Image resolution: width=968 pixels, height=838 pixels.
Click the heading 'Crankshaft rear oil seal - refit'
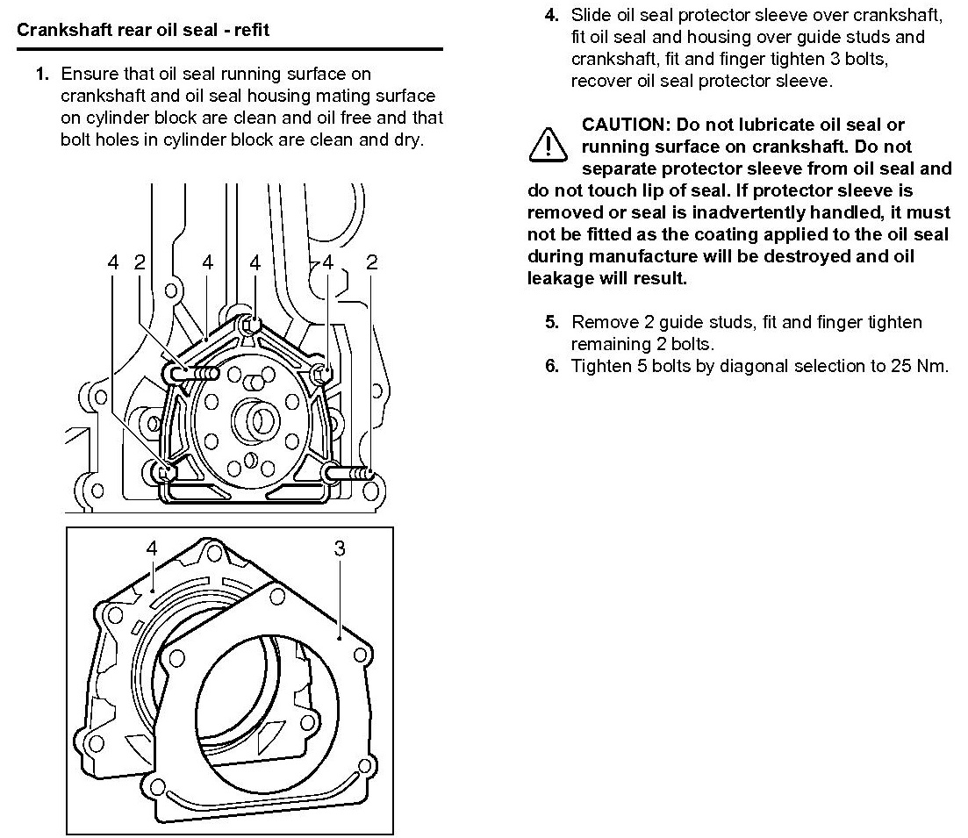point(143,30)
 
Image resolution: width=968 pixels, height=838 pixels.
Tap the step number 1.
point(40,74)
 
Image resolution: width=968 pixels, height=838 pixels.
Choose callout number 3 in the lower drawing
point(341,548)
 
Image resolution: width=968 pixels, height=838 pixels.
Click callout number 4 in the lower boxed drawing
point(151,548)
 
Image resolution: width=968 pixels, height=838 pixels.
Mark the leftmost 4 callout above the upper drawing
point(112,261)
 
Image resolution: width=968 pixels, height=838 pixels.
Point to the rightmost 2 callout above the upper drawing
point(372,261)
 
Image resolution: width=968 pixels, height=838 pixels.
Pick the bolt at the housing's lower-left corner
point(161,471)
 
